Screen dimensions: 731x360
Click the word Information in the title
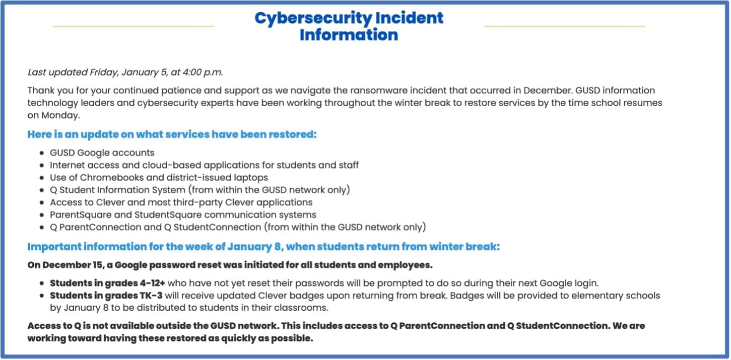click(349, 35)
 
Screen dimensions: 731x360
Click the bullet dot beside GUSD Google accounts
click(42, 153)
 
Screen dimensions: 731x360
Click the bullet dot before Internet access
click(42, 165)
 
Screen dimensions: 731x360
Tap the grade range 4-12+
click(152, 283)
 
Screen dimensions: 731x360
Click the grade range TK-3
click(151, 296)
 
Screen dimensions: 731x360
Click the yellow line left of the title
click(133, 26)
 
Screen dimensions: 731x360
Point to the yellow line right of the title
click(565, 26)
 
